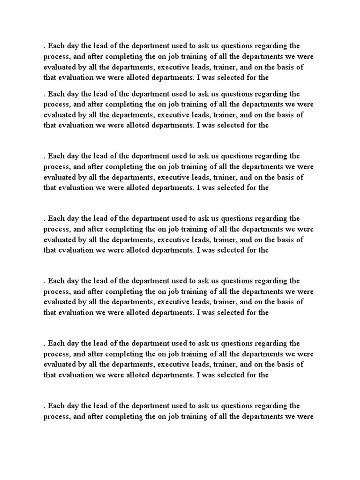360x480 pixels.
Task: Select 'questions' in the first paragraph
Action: (x=237, y=46)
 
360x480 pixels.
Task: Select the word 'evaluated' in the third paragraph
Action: (x=60, y=177)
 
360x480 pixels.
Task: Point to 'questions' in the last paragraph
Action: (x=237, y=406)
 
